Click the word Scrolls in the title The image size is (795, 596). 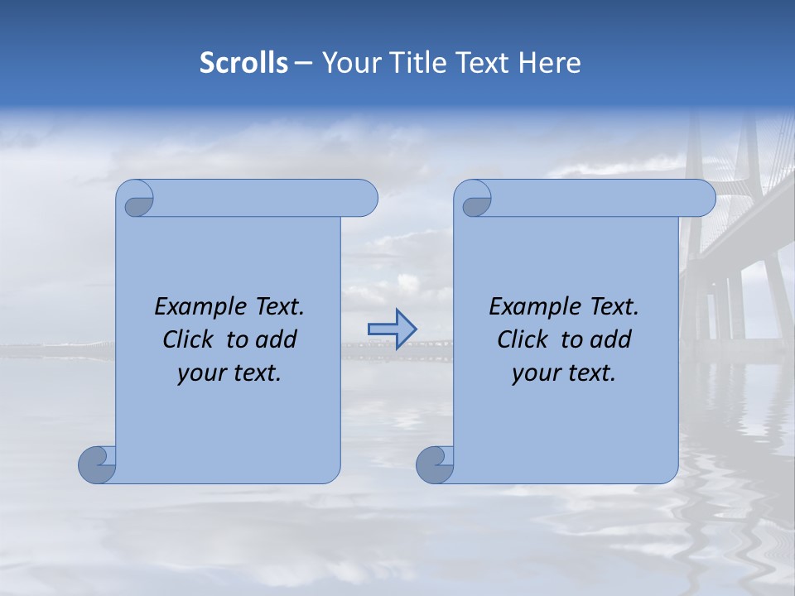tap(243, 63)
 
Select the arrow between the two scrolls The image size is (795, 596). tap(392, 329)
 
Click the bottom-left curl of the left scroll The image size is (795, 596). tap(96, 464)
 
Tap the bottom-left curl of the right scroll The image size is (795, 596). tap(434, 464)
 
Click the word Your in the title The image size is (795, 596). tap(349, 63)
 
